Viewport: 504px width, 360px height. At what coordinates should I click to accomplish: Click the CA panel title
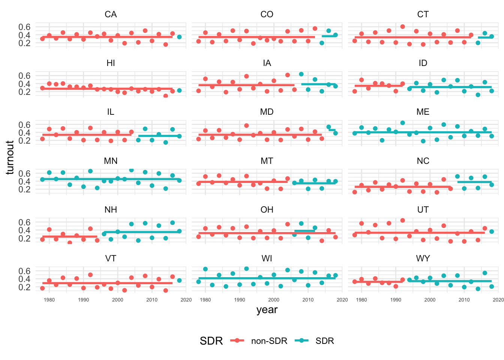[111, 14]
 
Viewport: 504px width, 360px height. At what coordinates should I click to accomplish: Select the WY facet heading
[423, 258]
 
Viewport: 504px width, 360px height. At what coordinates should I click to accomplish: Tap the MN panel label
[111, 161]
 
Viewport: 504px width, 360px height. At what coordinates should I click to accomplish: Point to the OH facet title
[267, 210]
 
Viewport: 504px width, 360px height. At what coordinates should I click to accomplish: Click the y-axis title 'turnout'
[10, 157]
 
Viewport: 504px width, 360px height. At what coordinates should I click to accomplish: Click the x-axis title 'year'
[267, 310]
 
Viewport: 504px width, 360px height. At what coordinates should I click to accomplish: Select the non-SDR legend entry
[269, 341]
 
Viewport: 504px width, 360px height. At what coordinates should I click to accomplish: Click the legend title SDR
[211, 341]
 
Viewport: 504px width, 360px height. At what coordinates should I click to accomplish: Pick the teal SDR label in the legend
[324, 341]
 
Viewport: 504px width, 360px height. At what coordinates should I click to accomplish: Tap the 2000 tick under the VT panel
[118, 300]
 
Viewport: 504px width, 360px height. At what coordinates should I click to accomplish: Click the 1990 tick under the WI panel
[240, 300]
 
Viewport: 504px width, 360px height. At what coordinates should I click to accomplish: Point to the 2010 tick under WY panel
[464, 300]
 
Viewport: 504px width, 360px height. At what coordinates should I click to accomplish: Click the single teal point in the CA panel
[179, 37]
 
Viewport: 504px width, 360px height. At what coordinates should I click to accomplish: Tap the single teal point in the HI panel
[179, 90]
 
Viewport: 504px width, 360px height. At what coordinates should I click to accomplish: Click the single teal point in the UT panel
[492, 231]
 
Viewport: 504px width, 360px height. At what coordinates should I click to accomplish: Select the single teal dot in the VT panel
[179, 280]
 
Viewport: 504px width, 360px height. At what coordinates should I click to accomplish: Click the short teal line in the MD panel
[332, 130]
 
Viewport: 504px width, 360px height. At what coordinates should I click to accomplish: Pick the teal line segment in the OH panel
[304, 231]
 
